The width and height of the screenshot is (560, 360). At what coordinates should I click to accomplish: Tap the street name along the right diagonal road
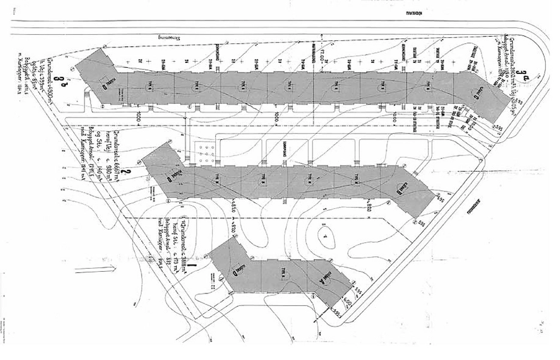tap(474, 207)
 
